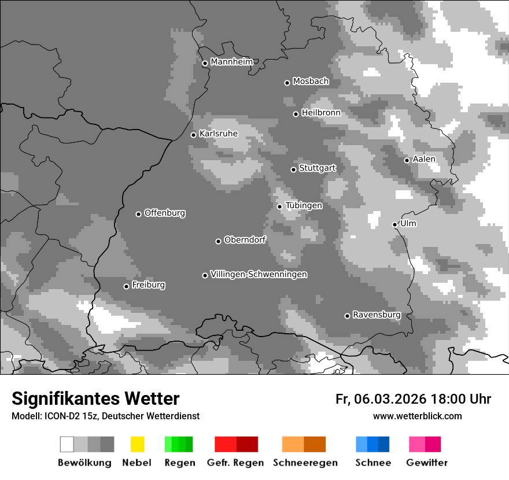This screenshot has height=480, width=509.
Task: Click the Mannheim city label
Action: (232, 62)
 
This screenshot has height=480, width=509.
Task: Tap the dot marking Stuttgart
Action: (293, 169)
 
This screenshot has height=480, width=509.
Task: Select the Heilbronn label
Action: (321, 113)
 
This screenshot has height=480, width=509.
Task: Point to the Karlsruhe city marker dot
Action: (194, 135)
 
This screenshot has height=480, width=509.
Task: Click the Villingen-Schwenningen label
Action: (259, 274)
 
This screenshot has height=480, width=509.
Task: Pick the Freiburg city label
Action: (148, 285)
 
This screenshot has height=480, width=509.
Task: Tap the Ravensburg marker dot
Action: (347, 316)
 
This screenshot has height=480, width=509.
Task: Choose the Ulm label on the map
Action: (408, 223)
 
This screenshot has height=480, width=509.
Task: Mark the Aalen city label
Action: (424, 159)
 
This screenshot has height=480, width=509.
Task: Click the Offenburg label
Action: (164, 213)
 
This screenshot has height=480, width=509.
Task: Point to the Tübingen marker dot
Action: (279, 206)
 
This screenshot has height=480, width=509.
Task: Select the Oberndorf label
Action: (245, 240)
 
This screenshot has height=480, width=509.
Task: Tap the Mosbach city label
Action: (311, 82)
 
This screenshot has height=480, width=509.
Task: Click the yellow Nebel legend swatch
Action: (137, 444)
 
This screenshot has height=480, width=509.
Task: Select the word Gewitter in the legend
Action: (427, 463)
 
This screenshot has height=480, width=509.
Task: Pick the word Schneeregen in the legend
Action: (305, 463)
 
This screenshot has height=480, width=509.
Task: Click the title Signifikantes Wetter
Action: (95, 398)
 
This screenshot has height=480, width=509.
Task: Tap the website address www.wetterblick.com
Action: (417, 416)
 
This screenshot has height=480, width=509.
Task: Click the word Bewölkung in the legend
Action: (84, 463)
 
